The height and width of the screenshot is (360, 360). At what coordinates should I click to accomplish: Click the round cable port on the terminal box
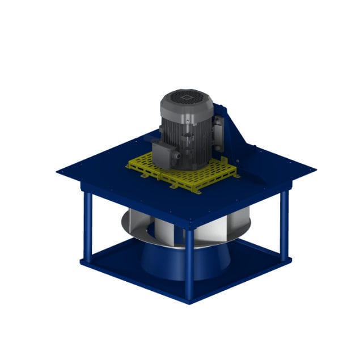pyautogui.click(x=176, y=154)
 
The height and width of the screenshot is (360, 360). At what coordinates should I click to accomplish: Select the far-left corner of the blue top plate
pyautogui.click(x=59, y=171)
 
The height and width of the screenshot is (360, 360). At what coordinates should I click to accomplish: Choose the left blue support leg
pyautogui.click(x=88, y=227)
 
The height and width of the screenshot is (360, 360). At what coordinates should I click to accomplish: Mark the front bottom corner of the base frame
pyautogui.click(x=189, y=300)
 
